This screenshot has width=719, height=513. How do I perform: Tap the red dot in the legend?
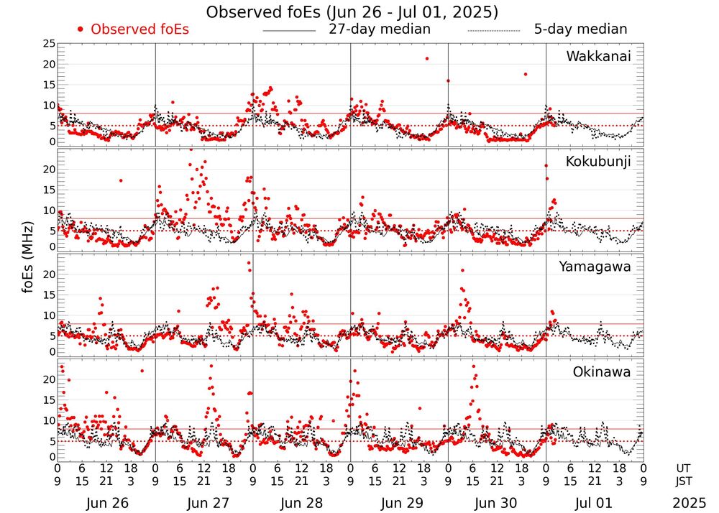(81, 29)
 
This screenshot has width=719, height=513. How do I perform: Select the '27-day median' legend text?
(380, 29)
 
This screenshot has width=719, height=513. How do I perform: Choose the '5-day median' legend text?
(581, 29)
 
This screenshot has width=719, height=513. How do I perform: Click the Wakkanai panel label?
(598, 56)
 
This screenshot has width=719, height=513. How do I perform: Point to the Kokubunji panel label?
(598, 161)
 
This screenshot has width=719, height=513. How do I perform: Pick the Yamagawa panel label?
(595, 267)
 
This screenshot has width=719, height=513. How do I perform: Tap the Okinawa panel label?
(602, 372)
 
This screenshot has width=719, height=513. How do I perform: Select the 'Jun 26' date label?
(107, 503)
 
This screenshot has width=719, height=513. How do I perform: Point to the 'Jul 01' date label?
(595, 503)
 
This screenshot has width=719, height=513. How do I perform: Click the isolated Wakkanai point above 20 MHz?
(427, 58)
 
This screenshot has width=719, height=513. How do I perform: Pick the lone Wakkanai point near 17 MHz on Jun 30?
(526, 74)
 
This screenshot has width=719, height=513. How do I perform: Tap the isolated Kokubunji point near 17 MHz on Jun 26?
(121, 180)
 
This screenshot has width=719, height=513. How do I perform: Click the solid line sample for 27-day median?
(289, 31)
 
